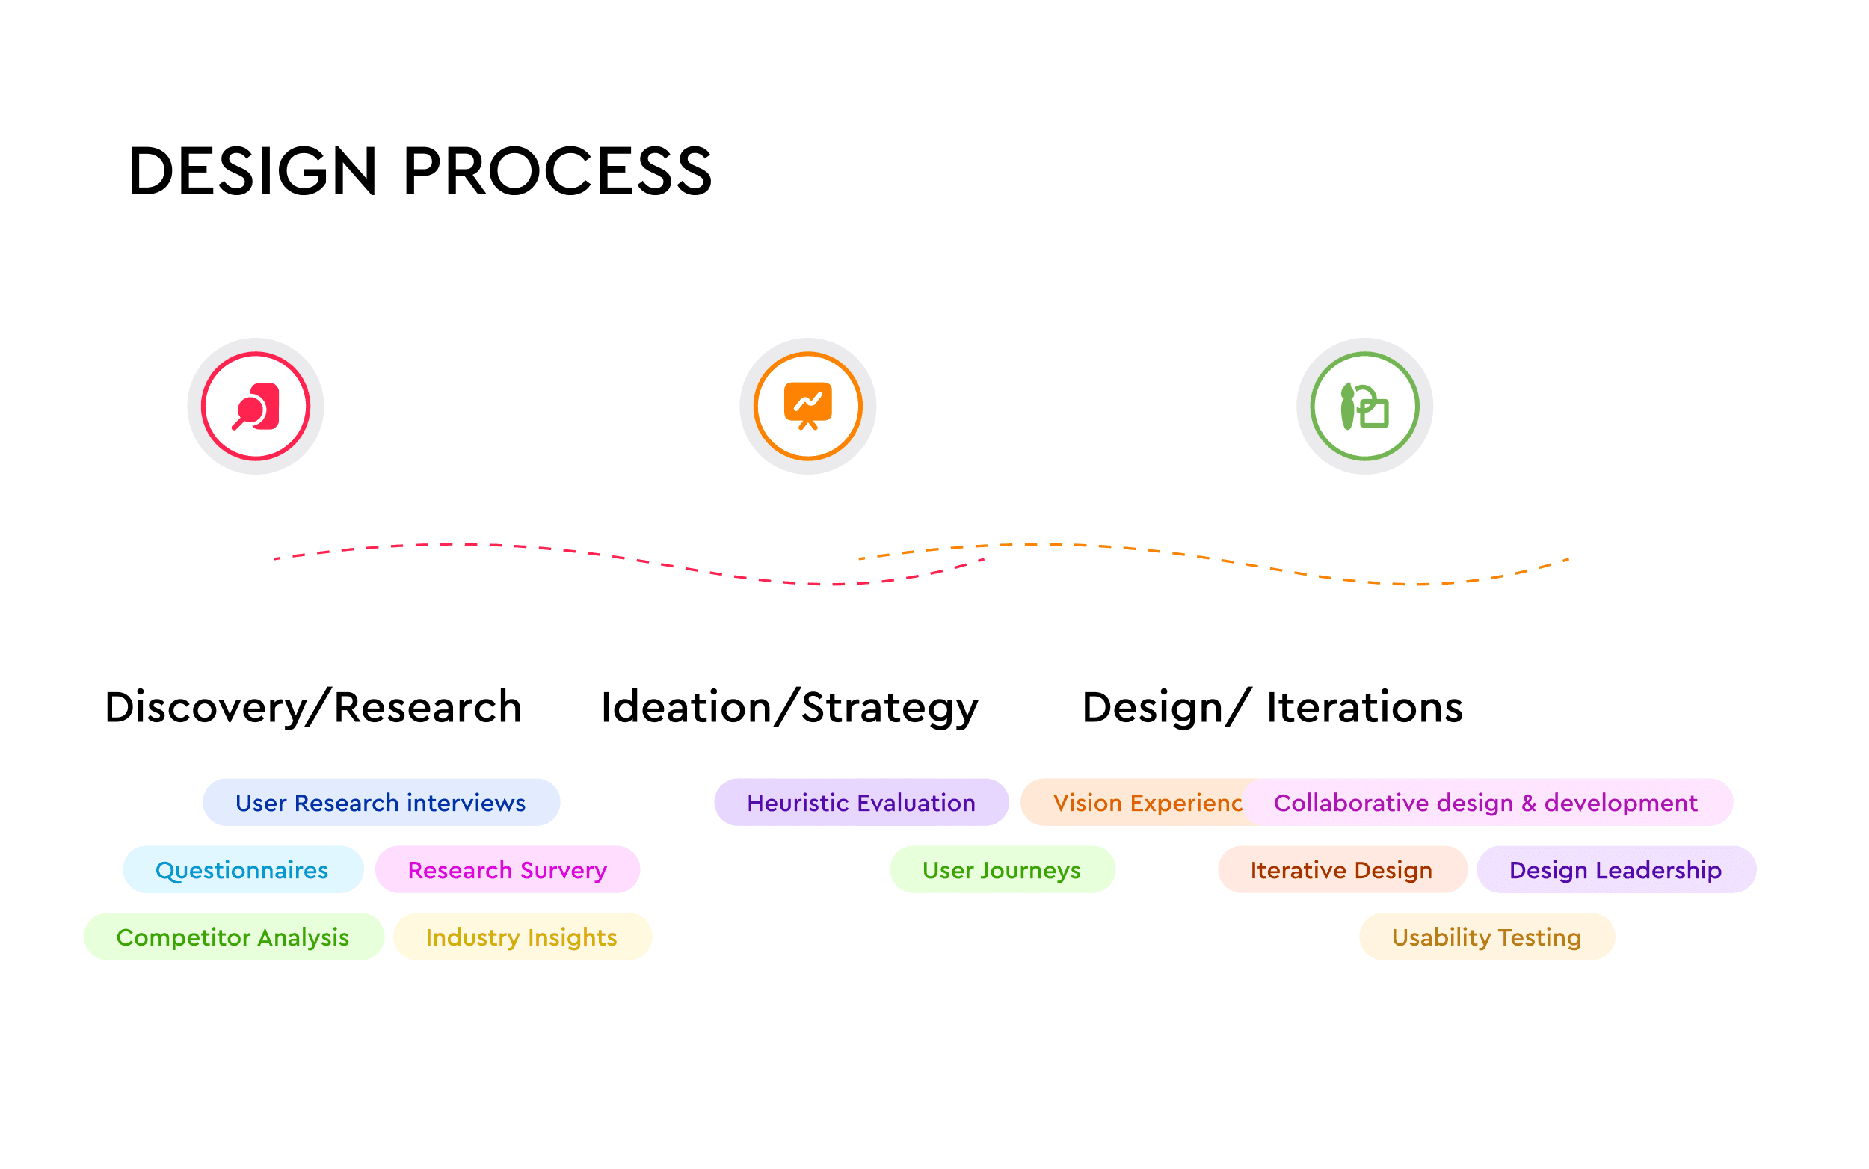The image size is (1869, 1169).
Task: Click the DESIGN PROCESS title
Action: (419, 171)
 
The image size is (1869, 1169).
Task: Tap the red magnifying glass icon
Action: (255, 407)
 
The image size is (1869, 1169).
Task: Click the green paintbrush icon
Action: (1364, 407)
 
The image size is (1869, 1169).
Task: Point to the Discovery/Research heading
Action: (313, 707)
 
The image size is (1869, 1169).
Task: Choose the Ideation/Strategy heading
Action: (789, 707)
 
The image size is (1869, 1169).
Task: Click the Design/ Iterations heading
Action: (1272, 707)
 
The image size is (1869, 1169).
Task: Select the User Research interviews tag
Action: (381, 803)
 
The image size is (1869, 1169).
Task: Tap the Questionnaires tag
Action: (242, 870)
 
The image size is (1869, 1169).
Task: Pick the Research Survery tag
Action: (508, 870)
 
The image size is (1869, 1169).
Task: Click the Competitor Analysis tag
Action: (233, 937)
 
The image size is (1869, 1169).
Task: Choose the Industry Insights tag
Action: (522, 937)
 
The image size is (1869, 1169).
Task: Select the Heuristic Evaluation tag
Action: (860, 803)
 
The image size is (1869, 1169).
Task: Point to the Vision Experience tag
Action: (1136, 803)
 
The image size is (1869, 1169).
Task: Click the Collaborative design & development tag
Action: (1485, 803)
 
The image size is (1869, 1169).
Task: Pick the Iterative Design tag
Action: (1342, 870)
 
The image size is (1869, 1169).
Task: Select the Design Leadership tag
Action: (1616, 870)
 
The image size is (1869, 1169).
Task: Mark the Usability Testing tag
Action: (1486, 937)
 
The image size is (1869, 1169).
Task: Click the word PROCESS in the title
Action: (558, 171)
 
